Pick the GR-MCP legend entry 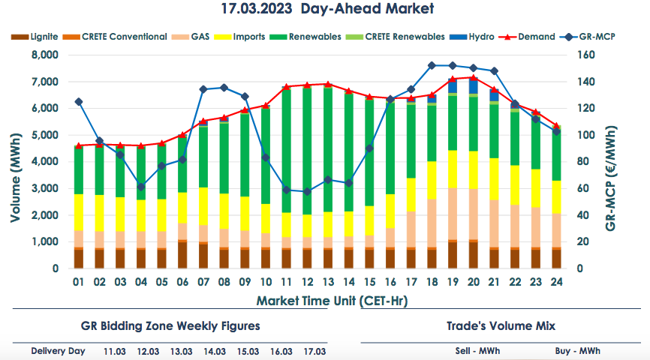click(593, 37)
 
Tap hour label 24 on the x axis click(555, 283)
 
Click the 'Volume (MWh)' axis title click(15, 161)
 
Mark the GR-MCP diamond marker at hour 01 click(79, 101)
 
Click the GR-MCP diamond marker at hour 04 click(141, 187)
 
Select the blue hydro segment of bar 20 click(473, 85)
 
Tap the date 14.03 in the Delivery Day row click(215, 351)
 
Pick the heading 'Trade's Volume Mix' click(501, 326)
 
